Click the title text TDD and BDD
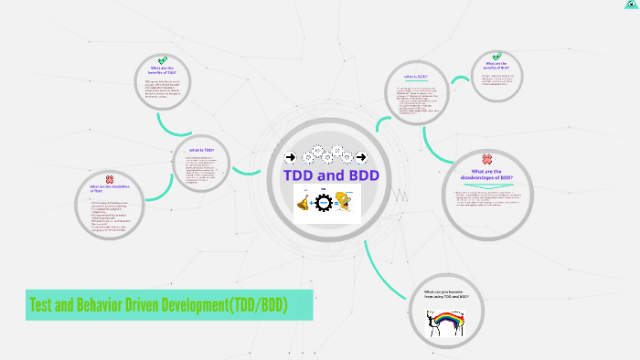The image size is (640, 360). click(331, 175)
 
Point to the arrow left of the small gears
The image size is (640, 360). click(291, 156)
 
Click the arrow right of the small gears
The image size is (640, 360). click(373, 156)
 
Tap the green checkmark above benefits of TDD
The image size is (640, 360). click(163, 59)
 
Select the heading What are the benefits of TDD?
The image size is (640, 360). click(164, 70)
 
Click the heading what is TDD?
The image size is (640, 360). click(201, 150)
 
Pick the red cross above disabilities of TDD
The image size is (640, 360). click(109, 179)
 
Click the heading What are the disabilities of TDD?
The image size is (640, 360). click(109, 190)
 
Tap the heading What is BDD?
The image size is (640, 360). click(416, 77)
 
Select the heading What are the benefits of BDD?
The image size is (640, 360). click(496, 66)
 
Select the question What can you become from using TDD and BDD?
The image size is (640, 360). click(447, 295)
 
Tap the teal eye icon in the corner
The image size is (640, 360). click(631, 5)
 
